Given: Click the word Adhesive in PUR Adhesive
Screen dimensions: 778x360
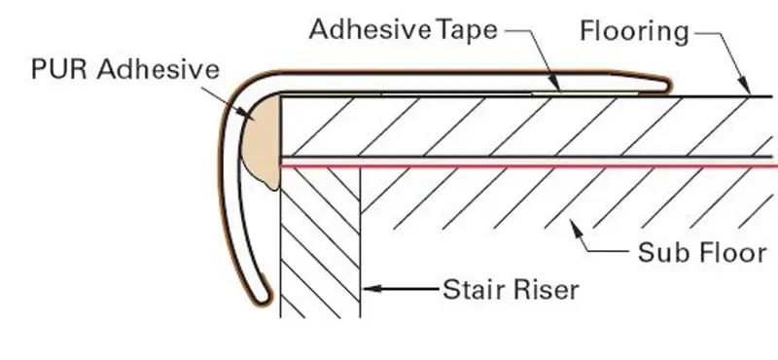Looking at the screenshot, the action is [x=159, y=69].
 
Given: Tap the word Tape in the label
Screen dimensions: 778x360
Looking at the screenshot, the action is [x=467, y=31].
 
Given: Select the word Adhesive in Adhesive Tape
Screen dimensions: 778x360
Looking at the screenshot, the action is [x=371, y=30].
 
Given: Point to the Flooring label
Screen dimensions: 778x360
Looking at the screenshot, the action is [x=635, y=31].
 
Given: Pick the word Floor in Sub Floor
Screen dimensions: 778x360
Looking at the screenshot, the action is [x=731, y=252].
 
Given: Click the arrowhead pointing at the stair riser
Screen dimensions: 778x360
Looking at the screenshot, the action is [x=372, y=288].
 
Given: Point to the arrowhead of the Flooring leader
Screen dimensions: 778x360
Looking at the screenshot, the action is [x=744, y=86].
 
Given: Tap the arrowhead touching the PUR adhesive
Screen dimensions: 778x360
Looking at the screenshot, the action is [x=246, y=113].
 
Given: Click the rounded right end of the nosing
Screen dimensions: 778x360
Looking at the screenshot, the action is [x=666, y=86].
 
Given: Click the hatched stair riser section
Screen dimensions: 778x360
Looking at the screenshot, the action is [x=320, y=243].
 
